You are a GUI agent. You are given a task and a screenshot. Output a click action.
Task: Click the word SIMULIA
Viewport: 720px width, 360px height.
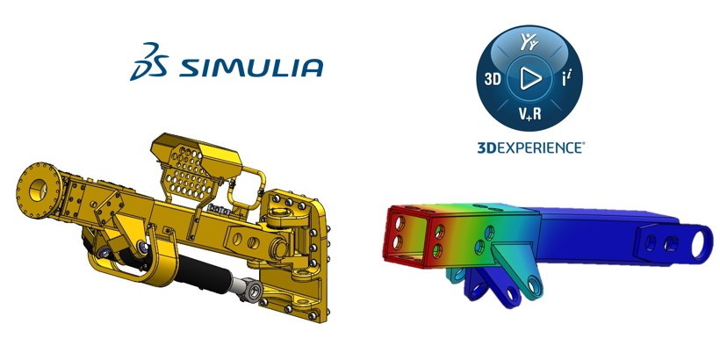[x=251, y=67]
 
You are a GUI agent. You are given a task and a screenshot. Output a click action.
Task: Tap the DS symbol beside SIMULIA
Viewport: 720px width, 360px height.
[x=149, y=61]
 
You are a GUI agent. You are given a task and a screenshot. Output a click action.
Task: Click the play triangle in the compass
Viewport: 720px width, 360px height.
[x=529, y=78]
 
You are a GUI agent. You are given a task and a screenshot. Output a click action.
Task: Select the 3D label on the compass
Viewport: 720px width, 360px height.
[x=492, y=79]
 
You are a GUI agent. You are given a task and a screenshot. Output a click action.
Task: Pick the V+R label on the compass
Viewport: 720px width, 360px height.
[x=529, y=112]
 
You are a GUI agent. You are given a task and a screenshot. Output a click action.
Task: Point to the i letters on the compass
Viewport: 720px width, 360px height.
[x=566, y=79]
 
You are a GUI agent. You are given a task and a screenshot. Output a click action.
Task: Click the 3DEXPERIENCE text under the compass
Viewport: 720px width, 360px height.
[x=531, y=148]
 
